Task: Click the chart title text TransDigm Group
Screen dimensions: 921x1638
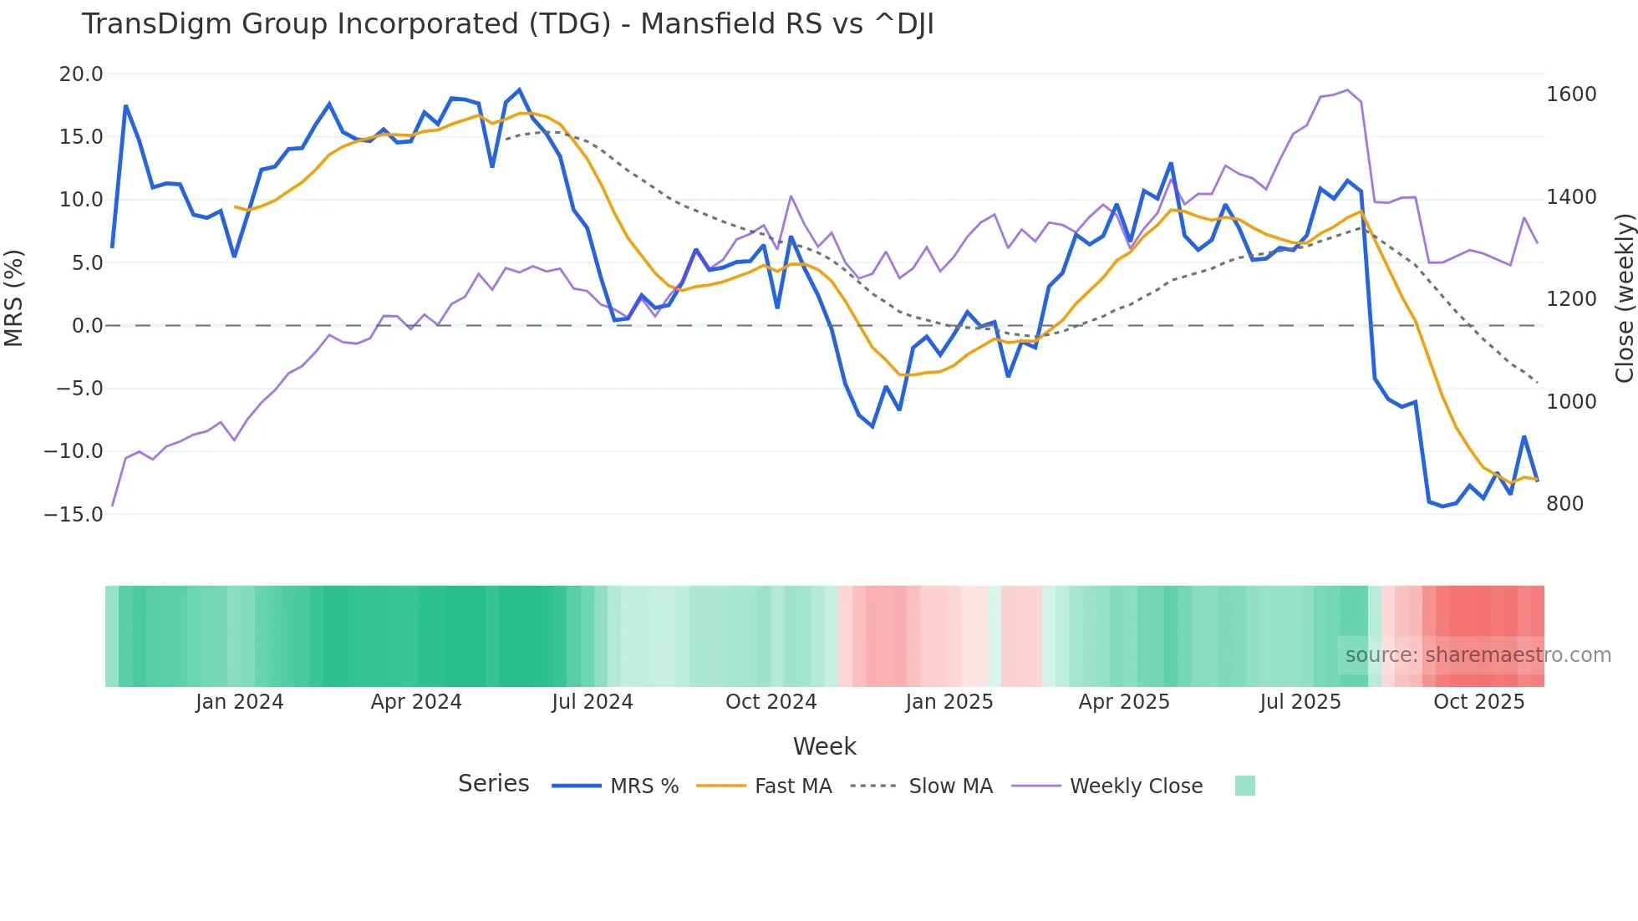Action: [x=506, y=24]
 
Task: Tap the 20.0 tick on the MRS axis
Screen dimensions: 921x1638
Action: [x=81, y=74]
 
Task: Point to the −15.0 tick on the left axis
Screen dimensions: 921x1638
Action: [x=74, y=515]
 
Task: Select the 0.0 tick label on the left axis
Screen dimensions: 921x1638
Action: [x=87, y=326]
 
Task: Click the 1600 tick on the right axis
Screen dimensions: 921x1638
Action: [x=1571, y=94]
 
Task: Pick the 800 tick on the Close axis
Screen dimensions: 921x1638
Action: [x=1564, y=504]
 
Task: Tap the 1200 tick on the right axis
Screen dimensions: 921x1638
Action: [x=1571, y=299]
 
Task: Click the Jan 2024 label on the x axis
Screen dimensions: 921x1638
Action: [x=239, y=702]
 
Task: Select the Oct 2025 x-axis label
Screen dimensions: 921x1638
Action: [x=1478, y=702]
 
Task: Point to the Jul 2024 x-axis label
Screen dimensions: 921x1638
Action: [x=592, y=702]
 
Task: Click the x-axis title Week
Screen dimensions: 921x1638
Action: [x=824, y=746]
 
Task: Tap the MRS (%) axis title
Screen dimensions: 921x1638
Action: [x=14, y=298]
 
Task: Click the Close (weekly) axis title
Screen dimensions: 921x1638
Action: [x=1624, y=298]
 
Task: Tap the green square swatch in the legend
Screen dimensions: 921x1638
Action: [x=1244, y=786]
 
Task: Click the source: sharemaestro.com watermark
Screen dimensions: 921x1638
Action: [x=1478, y=655]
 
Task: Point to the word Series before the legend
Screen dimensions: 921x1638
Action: [x=493, y=784]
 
